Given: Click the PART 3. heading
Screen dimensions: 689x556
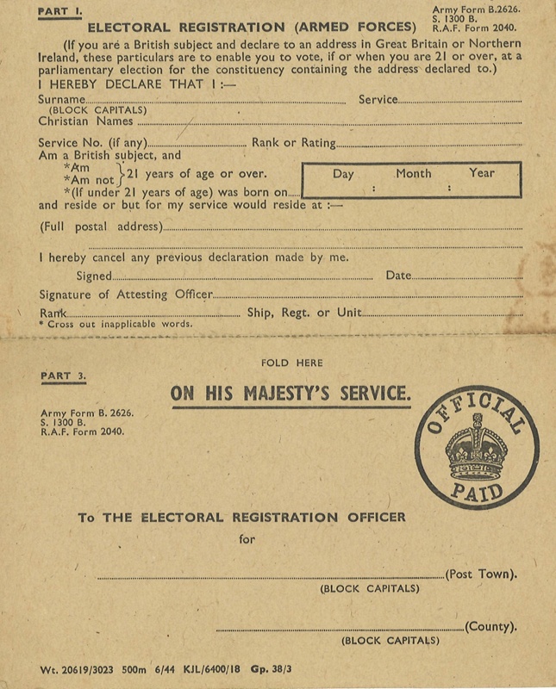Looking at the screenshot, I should pos(58,376).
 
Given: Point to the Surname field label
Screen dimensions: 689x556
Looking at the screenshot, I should pos(61,100).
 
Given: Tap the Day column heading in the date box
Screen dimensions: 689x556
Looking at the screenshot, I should pos(343,173).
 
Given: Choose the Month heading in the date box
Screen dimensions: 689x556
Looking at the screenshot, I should pos(414,173).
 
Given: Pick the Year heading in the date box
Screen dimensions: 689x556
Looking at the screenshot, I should pos(482,173).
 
